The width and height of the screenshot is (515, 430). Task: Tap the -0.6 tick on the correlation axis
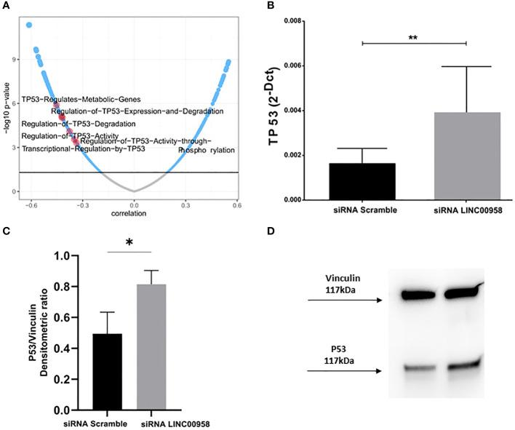(x=30, y=206)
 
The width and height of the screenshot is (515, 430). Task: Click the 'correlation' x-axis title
(x=133, y=215)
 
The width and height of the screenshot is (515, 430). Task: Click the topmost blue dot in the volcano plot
(x=29, y=25)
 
